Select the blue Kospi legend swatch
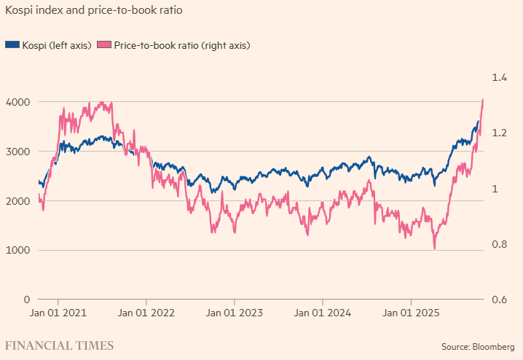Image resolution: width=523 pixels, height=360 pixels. click(12, 45)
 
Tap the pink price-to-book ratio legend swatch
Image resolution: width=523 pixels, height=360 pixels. click(103, 45)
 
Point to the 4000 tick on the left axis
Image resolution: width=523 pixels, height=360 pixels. click(17, 102)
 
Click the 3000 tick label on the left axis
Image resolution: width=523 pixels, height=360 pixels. click(17, 152)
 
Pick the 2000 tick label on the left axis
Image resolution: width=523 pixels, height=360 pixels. click(17, 201)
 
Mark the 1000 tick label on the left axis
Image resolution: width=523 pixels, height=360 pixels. click(17, 251)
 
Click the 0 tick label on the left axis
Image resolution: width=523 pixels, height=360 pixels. click(25, 300)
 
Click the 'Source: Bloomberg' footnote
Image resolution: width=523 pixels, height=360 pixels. click(477, 345)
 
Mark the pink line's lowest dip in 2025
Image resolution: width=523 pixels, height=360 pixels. click(435, 249)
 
